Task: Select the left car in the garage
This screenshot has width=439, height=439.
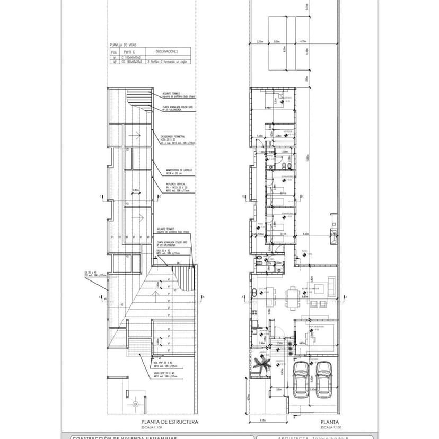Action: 301,379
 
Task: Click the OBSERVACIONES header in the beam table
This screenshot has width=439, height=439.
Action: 166,52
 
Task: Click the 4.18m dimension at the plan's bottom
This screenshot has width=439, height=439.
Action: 264,420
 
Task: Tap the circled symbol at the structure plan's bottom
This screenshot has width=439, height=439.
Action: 135,406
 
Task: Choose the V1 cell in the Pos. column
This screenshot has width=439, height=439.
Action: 113,57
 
